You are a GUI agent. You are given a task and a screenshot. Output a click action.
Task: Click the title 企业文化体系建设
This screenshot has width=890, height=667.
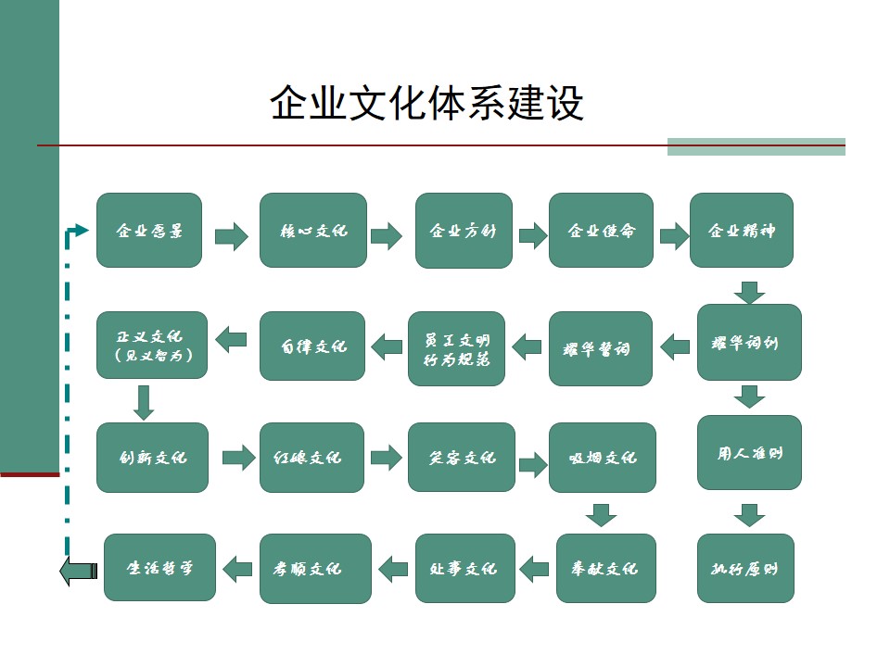coord(427,103)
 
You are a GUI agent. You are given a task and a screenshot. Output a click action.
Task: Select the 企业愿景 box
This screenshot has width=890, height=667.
coord(149,231)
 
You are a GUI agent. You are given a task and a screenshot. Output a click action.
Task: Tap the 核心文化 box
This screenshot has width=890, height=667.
coord(313,231)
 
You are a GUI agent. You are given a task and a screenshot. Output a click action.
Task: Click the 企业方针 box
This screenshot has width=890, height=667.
coord(464,231)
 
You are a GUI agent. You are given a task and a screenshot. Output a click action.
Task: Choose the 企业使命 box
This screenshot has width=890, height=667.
coord(601,231)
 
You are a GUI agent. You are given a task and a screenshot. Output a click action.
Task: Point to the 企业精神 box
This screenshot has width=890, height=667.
coord(742,231)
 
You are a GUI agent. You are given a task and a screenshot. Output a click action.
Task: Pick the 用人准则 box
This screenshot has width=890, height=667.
coord(749,453)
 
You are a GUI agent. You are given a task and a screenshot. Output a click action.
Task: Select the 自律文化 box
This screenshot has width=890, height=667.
coord(312,346)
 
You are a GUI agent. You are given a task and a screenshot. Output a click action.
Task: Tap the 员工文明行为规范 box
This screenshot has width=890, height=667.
coord(457,348)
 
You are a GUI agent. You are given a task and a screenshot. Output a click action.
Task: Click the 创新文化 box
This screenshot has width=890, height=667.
coord(152,458)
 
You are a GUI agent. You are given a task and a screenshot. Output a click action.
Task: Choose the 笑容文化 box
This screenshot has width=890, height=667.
coord(462,458)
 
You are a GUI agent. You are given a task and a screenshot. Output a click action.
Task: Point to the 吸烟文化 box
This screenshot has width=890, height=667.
coord(603,458)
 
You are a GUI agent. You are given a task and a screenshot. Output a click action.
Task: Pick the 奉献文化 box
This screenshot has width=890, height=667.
coord(606,568)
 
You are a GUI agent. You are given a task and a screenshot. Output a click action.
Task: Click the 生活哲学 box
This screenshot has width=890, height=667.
coord(159,568)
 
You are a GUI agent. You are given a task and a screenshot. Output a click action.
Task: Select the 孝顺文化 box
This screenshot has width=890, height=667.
coord(315,568)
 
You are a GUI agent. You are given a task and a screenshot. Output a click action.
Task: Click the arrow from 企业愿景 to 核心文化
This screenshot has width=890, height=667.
coord(232,236)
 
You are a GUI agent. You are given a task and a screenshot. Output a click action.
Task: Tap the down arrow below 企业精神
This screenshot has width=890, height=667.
coord(749,292)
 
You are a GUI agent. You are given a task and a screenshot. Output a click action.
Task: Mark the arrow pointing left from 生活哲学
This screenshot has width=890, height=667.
coord(78,571)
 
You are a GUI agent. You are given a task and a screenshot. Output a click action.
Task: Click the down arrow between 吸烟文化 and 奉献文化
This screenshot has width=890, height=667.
coord(603,514)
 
